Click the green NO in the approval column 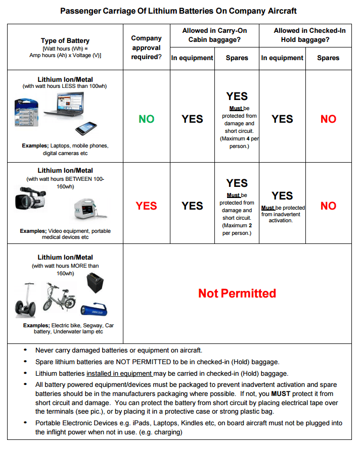click(147, 119)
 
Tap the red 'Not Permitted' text click(237, 293)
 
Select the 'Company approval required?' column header click(146, 47)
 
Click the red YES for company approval click(147, 206)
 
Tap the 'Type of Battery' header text click(65, 41)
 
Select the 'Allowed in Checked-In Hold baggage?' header click(305, 35)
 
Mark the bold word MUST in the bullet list click(281, 393)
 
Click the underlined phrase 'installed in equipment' click(119, 374)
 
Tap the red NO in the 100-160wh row click(328, 206)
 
